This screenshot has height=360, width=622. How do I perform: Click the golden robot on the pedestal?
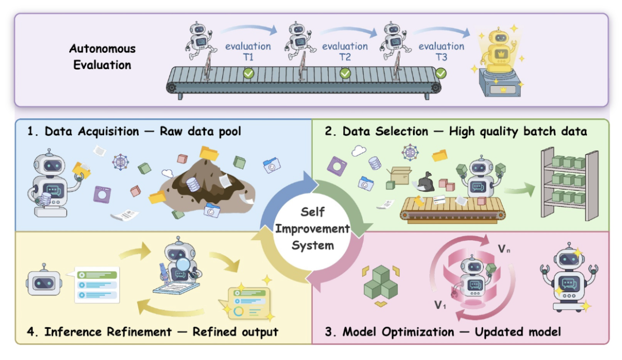pos(499,52)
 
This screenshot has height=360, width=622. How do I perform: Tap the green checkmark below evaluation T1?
pos(249,73)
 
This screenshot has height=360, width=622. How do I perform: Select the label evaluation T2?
pos(345,52)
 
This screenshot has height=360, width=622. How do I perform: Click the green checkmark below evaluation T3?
pos(441,73)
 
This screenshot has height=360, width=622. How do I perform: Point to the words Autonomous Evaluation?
pos(103,57)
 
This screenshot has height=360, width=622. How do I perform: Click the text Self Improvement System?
pos(313,229)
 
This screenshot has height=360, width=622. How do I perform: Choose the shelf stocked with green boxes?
pos(570,183)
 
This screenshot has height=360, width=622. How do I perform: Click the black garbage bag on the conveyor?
pos(425,182)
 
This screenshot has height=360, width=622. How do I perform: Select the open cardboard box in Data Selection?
pos(400,175)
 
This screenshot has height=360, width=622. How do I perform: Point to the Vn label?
pos(504,249)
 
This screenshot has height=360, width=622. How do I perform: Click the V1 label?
pos(440,305)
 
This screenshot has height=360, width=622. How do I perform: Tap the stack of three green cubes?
pos(381,282)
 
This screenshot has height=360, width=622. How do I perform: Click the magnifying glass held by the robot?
pos(183,264)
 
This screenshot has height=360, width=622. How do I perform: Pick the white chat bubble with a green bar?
pos(96,285)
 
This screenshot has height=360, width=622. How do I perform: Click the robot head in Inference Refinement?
pos(44,281)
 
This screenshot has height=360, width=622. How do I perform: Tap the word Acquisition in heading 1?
pos(108,131)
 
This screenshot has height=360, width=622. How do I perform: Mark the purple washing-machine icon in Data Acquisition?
pos(103,195)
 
